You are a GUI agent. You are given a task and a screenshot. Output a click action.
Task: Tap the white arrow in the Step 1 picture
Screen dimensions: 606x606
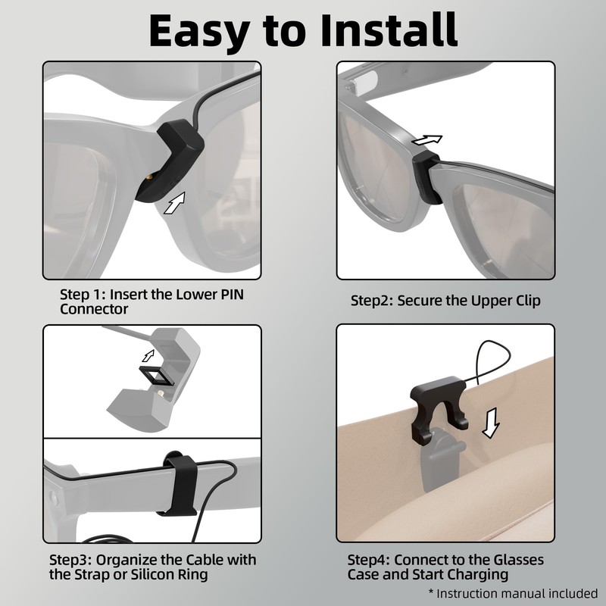point(175,203)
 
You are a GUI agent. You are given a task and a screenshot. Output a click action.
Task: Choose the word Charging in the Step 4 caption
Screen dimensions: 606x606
point(479,575)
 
